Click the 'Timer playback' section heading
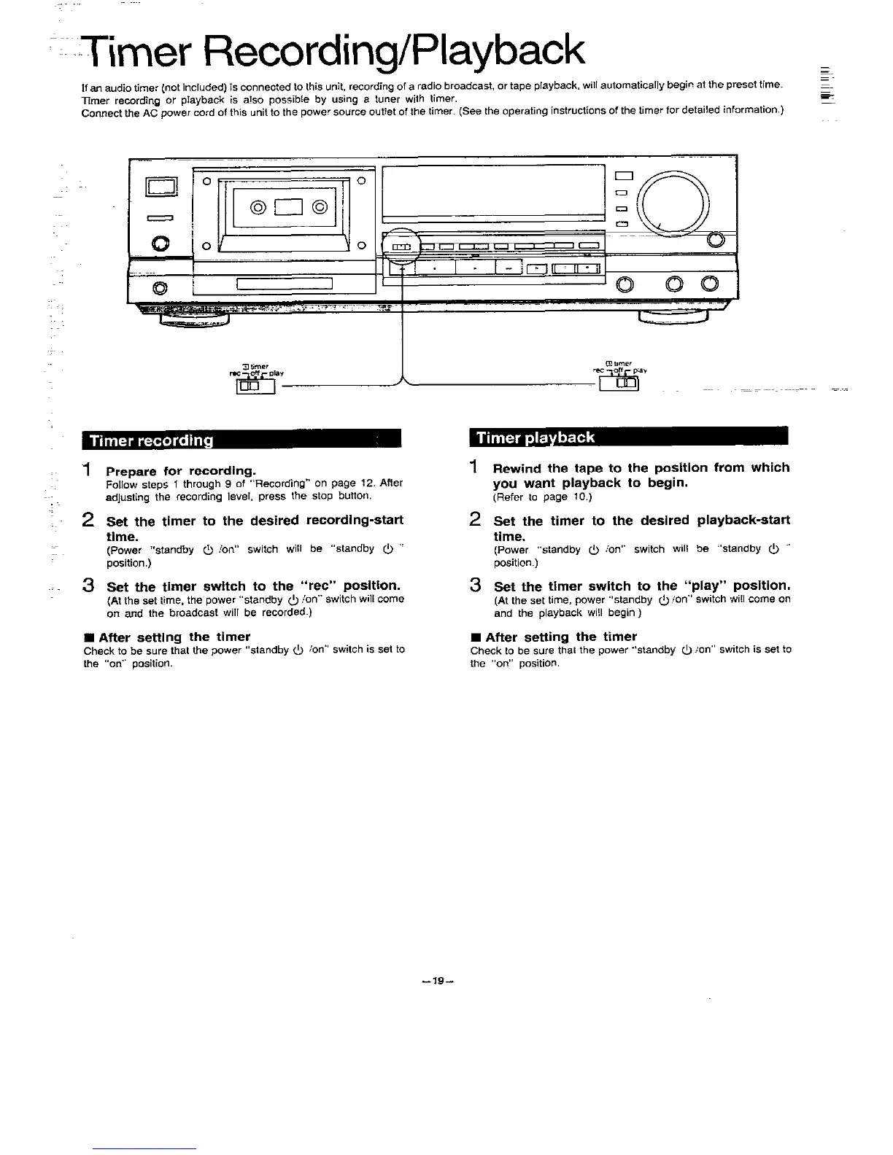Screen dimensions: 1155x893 (x=536, y=437)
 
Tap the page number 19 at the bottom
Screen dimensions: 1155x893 (x=438, y=981)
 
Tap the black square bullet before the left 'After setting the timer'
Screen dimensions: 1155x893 (x=88, y=637)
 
